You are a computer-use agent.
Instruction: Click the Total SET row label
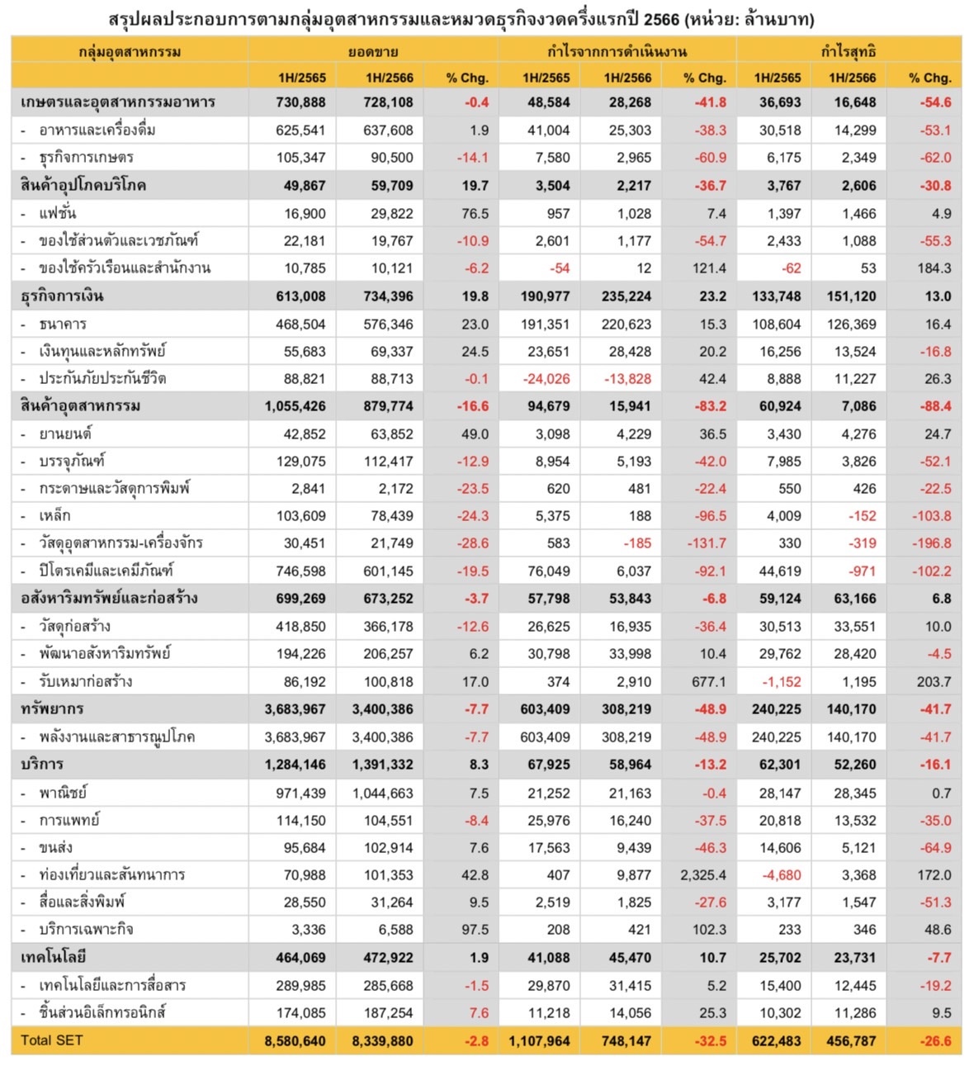52,1040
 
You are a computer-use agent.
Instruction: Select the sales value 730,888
301,102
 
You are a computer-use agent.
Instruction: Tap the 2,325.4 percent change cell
703,875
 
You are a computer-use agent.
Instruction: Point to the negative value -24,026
546,379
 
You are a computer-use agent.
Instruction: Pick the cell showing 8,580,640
296,1041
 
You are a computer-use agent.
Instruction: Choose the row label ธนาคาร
63,324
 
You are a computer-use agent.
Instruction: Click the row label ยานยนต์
65,434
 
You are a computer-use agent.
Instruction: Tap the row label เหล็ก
55,516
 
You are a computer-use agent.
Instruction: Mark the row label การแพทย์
69,820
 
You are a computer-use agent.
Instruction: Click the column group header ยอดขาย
373,51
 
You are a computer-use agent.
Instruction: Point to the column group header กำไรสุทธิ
848,51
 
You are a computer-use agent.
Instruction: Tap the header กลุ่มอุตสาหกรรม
130,51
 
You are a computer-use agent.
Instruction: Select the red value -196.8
931,543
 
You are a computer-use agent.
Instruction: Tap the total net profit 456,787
851,1041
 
